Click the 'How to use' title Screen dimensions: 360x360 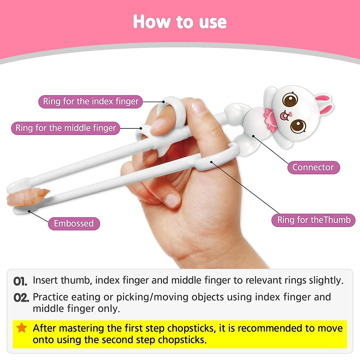pos(180,22)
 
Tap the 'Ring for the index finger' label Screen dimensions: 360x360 pos(91,101)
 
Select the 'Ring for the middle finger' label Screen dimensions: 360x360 pos(66,128)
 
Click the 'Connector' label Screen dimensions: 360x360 pos(313,167)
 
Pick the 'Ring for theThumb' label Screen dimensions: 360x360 pos(313,220)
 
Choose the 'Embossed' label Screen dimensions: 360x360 pos(74,223)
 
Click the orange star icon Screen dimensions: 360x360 pos(22,328)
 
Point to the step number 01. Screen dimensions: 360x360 pos(20,281)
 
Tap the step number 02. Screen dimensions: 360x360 pos(21,298)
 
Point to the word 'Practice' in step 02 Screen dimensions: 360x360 pos(50,297)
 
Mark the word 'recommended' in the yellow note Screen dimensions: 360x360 pos(270,328)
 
